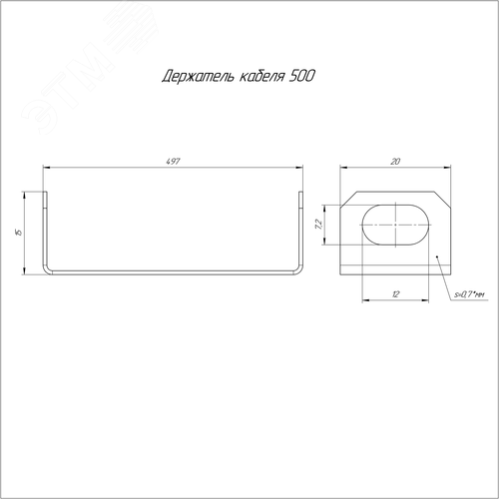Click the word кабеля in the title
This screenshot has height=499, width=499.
pos(261,77)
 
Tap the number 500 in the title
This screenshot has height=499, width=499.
pos(301,76)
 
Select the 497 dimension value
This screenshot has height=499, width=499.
pos(173,162)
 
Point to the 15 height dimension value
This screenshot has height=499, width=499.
pos(19,232)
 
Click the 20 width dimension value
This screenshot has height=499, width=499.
pos(395,162)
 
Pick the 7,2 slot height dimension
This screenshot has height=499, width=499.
pos(318,225)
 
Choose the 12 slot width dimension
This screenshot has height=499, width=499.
pos(395,294)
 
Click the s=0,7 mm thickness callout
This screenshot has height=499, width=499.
pos(469,294)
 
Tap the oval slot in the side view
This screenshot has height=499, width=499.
pos(395,225)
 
